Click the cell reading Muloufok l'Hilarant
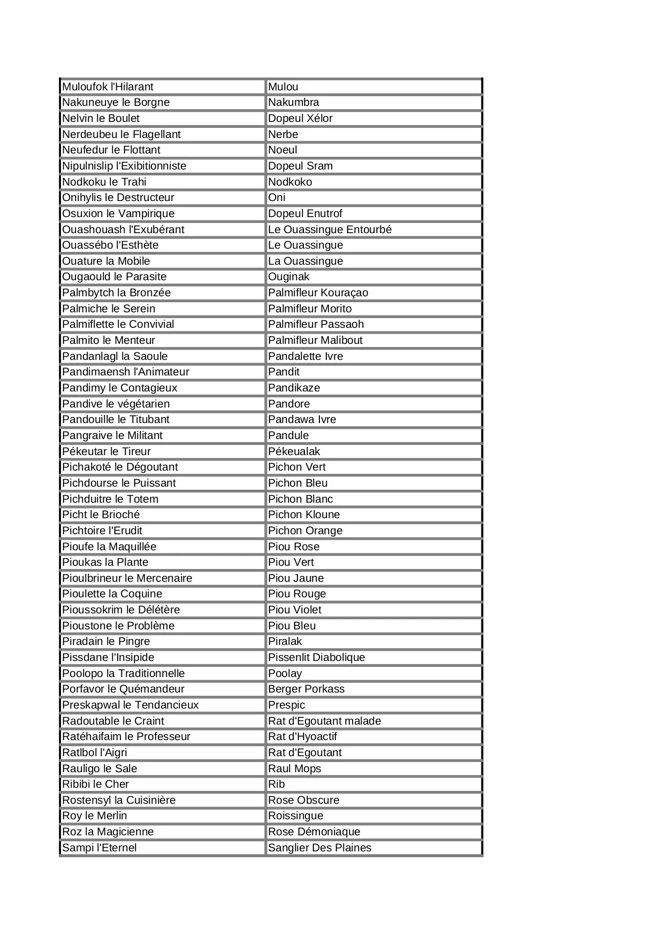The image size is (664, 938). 108,87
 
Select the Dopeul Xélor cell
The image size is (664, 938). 300,118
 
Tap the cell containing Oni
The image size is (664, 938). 277,197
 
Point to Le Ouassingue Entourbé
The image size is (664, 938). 330,229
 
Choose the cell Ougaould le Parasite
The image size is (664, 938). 114,276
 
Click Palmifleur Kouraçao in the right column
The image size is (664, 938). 318,293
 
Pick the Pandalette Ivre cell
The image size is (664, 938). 306,356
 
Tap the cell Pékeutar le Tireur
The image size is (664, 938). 106,451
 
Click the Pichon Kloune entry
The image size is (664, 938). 304,514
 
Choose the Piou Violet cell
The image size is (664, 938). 295,610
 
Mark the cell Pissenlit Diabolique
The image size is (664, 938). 316,657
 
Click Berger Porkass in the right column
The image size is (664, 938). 306,689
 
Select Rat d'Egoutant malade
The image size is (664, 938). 324,721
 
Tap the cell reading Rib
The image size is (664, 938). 277,784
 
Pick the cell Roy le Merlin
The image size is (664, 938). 95,816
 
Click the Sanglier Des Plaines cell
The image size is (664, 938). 319,848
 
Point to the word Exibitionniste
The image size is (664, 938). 155,166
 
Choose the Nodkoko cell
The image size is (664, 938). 290,182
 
